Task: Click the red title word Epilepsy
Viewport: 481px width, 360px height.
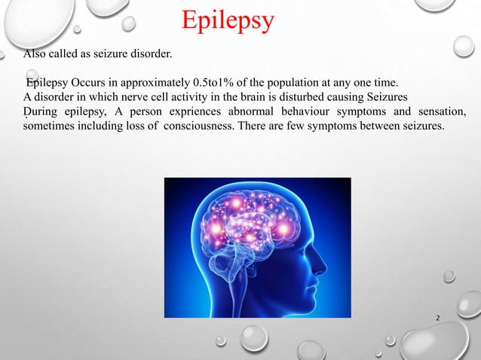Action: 228,23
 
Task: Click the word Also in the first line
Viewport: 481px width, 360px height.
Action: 37,54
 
